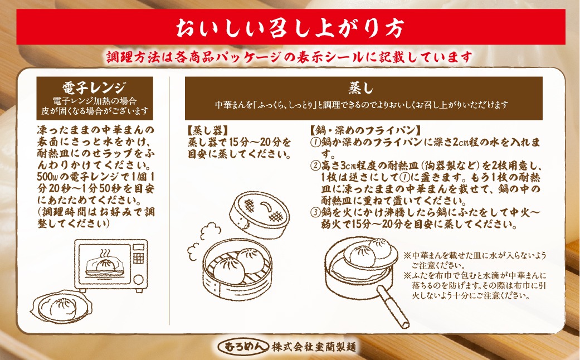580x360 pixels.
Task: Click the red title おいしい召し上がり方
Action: (x=290, y=28)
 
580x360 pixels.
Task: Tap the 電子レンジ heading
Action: (x=94, y=87)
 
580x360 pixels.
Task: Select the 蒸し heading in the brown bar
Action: (x=362, y=88)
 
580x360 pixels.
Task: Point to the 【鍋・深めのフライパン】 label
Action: (x=365, y=130)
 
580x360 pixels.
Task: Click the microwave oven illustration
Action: (x=111, y=264)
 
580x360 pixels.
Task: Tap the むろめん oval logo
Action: (x=243, y=347)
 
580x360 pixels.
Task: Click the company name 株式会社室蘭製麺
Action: (x=314, y=347)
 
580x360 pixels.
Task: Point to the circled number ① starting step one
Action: (x=315, y=143)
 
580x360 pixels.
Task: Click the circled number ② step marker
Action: (x=315, y=166)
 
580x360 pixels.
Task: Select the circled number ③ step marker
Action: (x=315, y=213)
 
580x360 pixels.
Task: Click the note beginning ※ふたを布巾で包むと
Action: (x=475, y=286)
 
